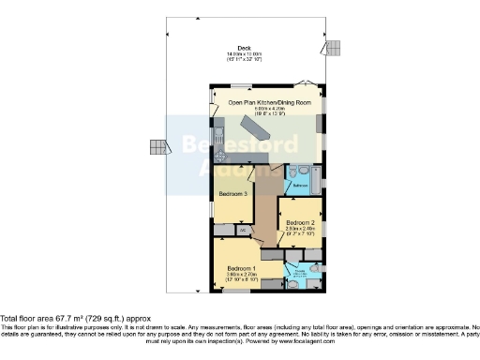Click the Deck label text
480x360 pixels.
click(x=245, y=48)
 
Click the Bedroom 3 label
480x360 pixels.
click(x=232, y=193)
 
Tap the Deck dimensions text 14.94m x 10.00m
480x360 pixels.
click(x=245, y=54)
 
